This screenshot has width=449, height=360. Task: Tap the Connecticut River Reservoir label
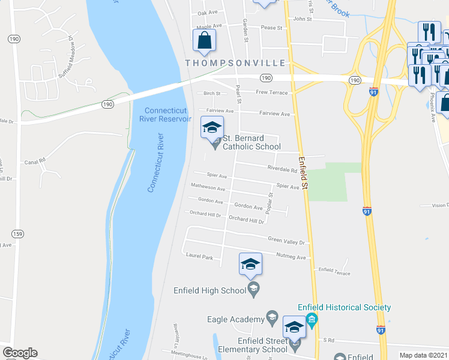[166, 115]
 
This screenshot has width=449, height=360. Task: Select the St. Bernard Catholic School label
[252, 142]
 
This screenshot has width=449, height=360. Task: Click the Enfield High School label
[209, 290]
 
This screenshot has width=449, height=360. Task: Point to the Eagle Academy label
[236, 319]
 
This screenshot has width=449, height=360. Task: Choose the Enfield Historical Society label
[344, 307]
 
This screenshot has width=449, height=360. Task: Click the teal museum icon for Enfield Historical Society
[311, 318]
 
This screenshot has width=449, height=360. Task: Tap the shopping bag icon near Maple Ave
[204, 41]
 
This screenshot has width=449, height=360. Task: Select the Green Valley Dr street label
[286, 242]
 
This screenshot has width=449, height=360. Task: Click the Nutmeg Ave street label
[291, 257]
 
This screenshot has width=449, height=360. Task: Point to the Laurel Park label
[199, 257]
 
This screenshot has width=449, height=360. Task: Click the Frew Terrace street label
[272, 92]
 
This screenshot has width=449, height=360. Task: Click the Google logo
[20, 353]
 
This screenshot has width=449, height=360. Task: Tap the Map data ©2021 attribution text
[423, 355]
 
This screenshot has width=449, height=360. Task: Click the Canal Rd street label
[36, 161]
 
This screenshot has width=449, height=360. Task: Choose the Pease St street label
[271, 28]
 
